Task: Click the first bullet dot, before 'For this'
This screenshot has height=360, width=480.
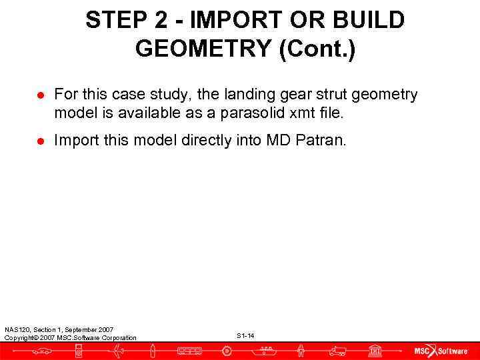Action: [40, 95]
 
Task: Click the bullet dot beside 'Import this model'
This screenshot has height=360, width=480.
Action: [40, 141]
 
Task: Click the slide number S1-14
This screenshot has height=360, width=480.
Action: [245, 335]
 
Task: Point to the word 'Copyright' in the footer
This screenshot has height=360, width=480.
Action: [20, 337]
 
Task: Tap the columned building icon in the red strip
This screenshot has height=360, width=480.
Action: [375, 351]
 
